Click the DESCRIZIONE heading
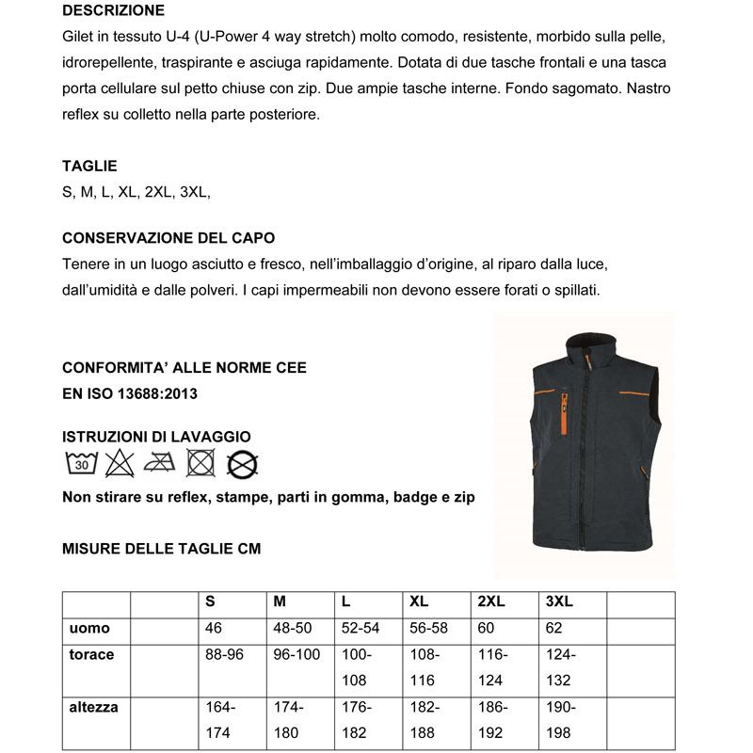tap(113, 11)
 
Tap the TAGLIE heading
tap(89, 166)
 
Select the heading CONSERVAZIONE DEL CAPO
tap(168, 238)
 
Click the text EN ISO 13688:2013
tap(130, 393)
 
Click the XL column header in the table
tap(420, 602)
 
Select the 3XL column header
tap(559, 602)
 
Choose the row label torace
tap(91, 654)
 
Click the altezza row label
tap(94, 707)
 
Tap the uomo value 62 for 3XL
tap(554, 628)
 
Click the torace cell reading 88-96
tap(224, 654)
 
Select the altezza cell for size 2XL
tap(493, 719)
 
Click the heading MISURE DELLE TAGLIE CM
tap(161, 549)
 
